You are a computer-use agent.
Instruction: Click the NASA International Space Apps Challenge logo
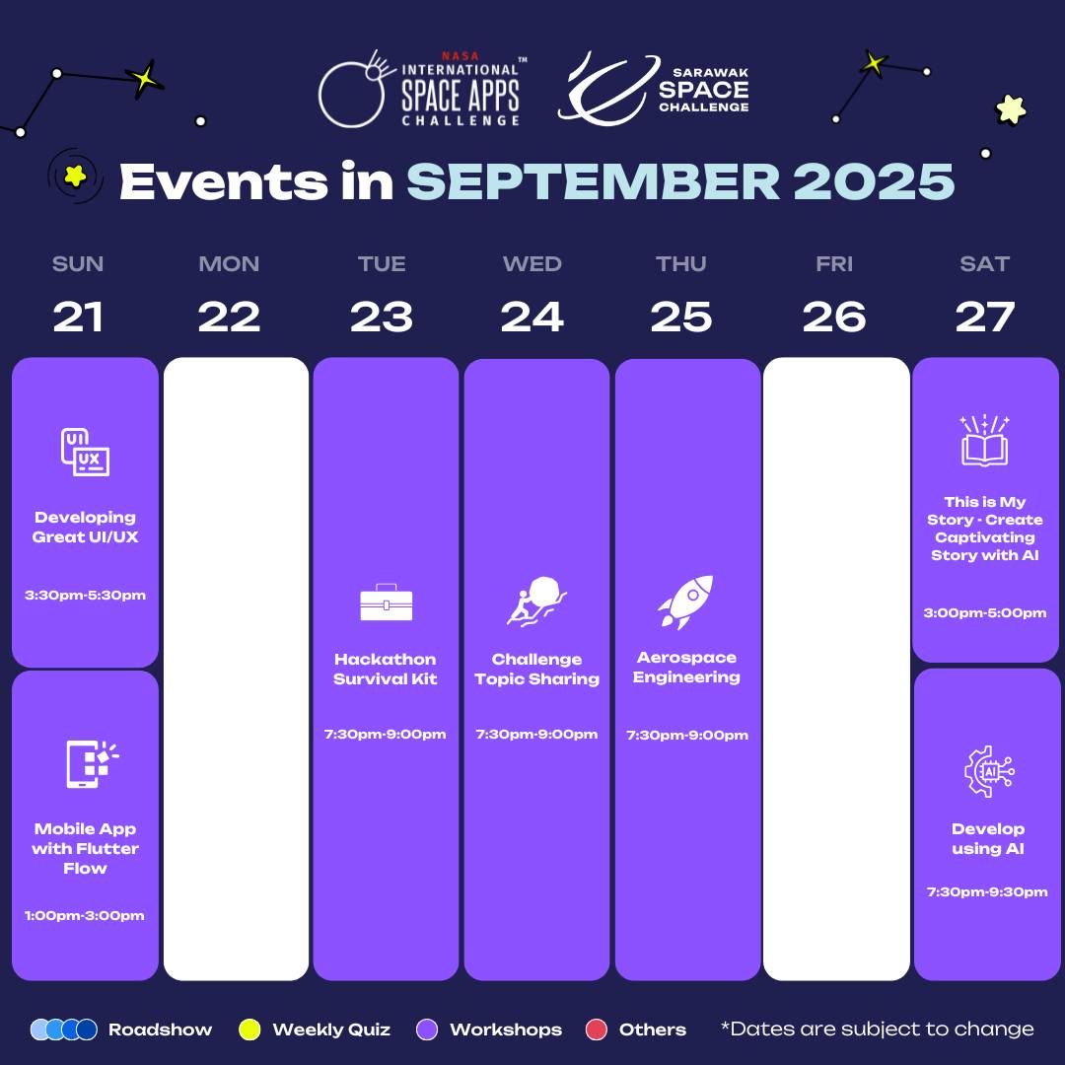(422, 89)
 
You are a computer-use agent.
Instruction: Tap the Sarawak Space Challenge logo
(654, 89)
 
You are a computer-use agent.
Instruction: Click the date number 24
(532, 317)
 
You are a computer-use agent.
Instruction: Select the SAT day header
(984, 263)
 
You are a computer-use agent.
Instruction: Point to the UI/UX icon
(85, 452)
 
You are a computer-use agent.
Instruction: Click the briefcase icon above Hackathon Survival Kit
(386, 602)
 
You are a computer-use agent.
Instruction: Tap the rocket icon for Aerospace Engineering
(686, 602)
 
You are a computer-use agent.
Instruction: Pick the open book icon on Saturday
(984, 440)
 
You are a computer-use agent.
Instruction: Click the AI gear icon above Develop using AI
(989, 771)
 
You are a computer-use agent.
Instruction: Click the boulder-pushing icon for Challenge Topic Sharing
(535, 602)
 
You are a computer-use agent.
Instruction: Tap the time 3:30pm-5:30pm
(85, 595)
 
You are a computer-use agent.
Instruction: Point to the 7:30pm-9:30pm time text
(987, 891)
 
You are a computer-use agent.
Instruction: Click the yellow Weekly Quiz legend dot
(249, 1029)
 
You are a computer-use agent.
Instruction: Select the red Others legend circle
(596, 1029)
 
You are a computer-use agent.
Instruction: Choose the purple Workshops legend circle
(427, 1029)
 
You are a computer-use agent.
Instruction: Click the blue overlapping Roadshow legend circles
(64, 1029)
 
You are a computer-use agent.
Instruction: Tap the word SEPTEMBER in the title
(593, 181)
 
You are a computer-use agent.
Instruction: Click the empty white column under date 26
(836, 669)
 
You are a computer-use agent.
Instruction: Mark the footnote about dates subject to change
(877, 1029)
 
